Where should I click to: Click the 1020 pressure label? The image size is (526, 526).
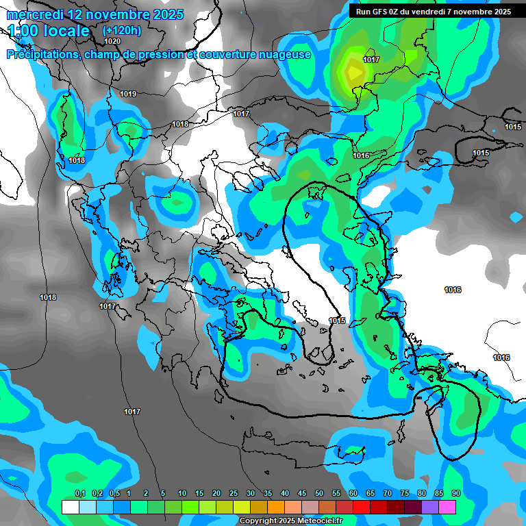point(112,41)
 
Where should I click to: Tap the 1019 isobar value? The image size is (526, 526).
point(128,94)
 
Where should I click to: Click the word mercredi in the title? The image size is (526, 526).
point(35,14)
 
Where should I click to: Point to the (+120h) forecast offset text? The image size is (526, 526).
point(121,30)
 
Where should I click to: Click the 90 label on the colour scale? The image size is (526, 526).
point(455,493)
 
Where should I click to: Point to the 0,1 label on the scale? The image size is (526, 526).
point(79,493)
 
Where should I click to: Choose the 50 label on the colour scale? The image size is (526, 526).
point(319,493)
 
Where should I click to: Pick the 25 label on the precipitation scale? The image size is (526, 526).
point(234,493)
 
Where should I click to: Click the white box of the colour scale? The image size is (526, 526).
point(71,507)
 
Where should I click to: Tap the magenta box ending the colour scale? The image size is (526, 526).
point(447,507)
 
